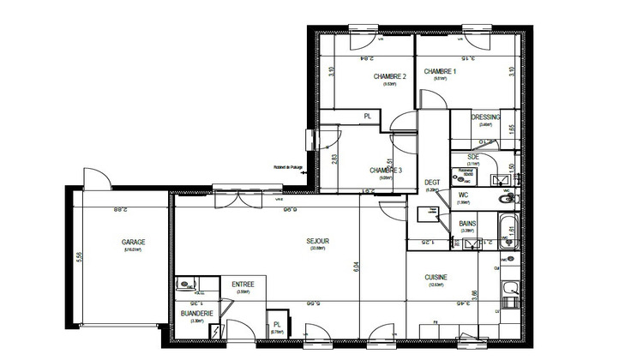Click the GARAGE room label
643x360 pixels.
(133, 243)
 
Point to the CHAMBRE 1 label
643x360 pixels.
(439, 72)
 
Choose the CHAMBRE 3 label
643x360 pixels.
(386, 171)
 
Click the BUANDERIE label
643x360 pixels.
(196, 314)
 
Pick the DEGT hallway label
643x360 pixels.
(432, 183)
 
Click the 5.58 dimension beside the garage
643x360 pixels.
(80, 256)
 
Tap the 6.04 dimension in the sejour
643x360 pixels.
(354, 267)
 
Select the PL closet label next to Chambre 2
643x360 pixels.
(368, 116)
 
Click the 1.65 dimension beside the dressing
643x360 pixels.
(511, 128)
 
